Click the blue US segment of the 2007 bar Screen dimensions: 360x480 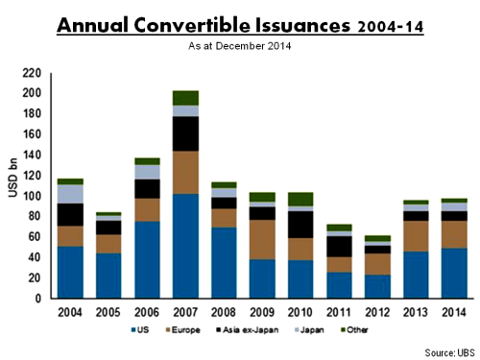pyautogui.click(x=185, y=246)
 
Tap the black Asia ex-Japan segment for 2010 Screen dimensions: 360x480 pyautogui.click(x=303, y=224)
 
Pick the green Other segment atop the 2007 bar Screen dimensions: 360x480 pyautogui.click(x=185, y=98)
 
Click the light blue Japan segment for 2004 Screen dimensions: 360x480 pyautogui.click(x=69, y=194)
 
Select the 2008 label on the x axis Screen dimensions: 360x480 pyautogui.click(x=225, y=312)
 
